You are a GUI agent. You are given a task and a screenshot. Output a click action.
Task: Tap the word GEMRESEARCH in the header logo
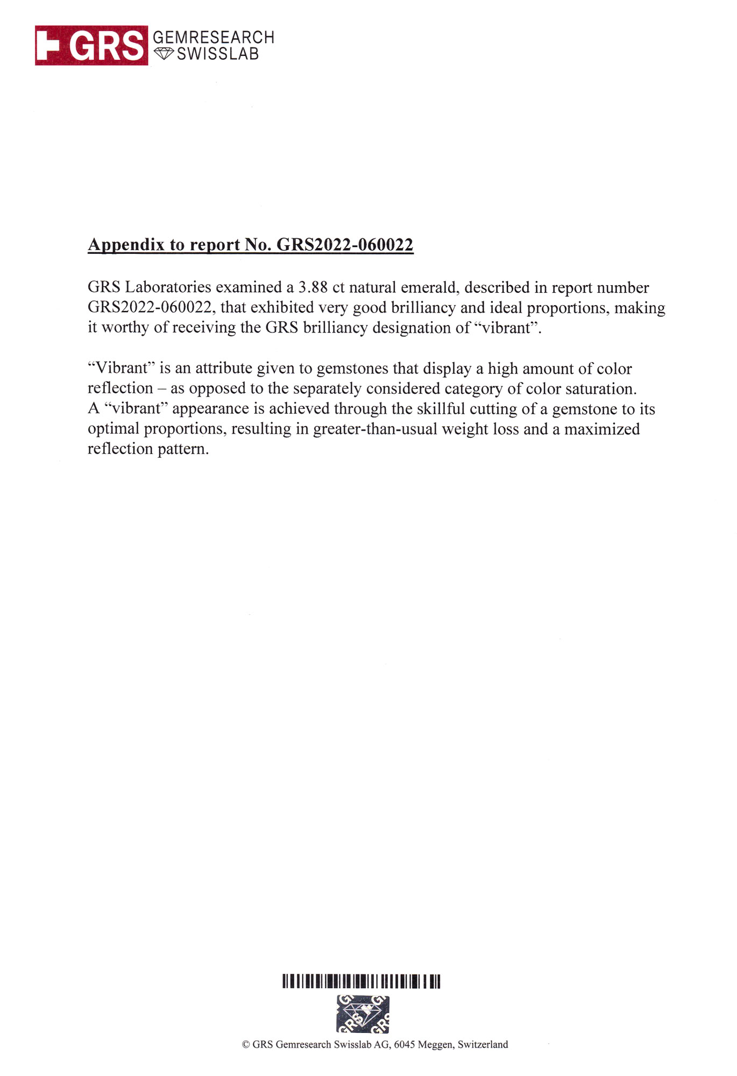214,37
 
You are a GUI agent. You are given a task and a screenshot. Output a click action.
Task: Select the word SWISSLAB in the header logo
218,54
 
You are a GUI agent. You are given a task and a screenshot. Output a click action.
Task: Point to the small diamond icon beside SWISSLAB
164,53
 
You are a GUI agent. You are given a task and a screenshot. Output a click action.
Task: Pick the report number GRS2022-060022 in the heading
345,245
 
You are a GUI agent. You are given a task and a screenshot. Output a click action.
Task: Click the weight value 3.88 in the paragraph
313,287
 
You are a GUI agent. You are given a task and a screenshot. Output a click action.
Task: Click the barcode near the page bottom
362,981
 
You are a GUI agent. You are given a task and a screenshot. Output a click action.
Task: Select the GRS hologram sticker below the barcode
363,1014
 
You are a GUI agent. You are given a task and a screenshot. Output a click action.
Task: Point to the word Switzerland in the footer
483,1044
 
